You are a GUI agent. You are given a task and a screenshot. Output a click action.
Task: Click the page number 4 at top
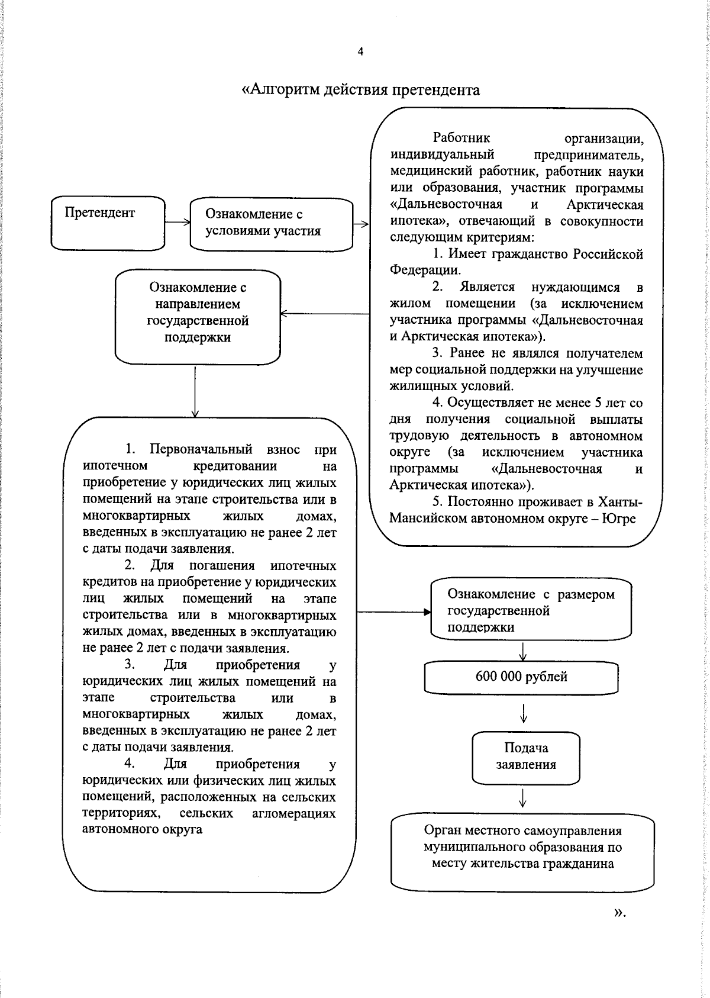pos(360,52)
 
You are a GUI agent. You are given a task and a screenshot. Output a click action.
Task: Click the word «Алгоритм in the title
pos(282,90)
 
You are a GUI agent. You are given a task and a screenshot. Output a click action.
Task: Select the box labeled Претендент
pos(108,223)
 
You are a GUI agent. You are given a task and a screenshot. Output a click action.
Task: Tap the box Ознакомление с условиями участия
pos(271,223)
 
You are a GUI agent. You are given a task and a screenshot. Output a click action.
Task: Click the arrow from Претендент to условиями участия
pos(177,223)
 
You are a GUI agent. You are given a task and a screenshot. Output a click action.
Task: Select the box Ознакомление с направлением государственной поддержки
pos(198,317)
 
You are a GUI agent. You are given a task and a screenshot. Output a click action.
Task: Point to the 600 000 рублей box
pos(521,677)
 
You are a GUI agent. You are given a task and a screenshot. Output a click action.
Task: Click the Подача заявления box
pos(525,756)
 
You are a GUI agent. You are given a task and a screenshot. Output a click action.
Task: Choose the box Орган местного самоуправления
pos(522,847)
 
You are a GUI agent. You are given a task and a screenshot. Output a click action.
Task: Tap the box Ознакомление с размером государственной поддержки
pos(531,610)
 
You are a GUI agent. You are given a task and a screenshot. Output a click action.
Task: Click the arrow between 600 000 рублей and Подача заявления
pos(524,713)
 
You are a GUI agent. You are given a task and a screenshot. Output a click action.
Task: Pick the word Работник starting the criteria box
pos(461,139)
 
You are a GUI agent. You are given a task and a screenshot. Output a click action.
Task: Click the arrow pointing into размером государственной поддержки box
pos(394,613)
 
